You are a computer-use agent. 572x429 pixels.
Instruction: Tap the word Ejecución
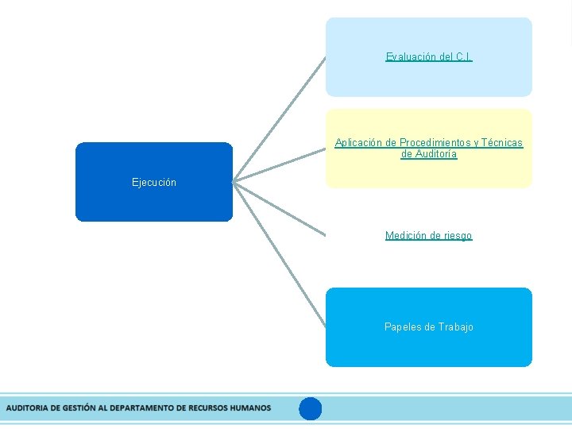click(x=154, y=182)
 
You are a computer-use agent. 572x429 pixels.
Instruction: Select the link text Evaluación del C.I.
click(x=429, y=56)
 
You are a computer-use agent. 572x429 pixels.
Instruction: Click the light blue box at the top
click(x=429, y=79)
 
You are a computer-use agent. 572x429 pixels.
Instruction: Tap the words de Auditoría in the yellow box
click(x=429, y=154)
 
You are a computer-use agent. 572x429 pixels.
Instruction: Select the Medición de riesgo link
click(x=428, y=235)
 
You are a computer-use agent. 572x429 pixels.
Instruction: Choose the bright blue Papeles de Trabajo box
click(x=429, y=350)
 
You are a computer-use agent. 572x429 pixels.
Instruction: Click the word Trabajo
click(x=455, y=327)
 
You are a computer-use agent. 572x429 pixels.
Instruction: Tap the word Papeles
click(x=403, y=327)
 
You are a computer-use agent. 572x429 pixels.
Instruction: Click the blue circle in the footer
click(x=311, y=408)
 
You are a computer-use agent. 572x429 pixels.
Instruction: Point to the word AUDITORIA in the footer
click(x=26, y=408)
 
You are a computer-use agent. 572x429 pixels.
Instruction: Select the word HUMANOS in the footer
click(x=250, y=408)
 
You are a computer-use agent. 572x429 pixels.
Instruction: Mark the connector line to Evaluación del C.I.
click(x=280, y=119)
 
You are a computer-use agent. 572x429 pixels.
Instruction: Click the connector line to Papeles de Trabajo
click(x=280, y=254)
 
